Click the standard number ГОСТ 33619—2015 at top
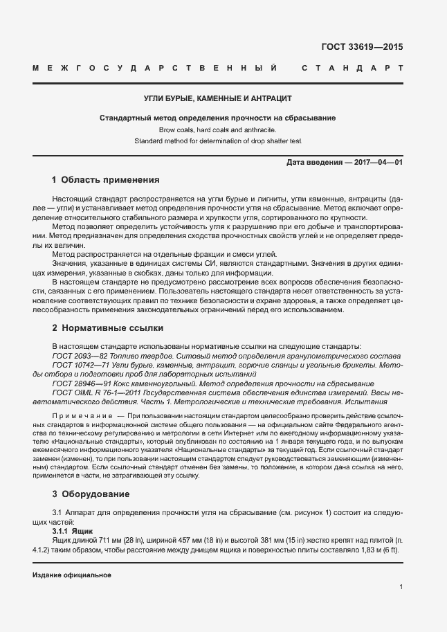[x=362, y=48]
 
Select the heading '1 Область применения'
[x=105, y=180]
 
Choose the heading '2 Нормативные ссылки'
[x=107, y=327]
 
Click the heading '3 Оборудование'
[x=91, y=494]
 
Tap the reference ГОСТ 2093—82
[x=80, y=355]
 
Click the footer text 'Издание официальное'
[x=72, y=575]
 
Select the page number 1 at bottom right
[x=401, y=587]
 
